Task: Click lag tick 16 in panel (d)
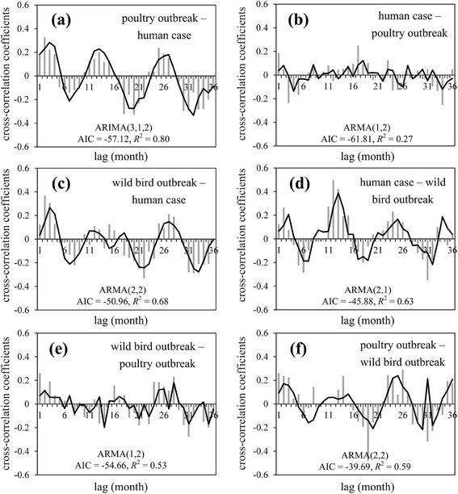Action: pos(353,250)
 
